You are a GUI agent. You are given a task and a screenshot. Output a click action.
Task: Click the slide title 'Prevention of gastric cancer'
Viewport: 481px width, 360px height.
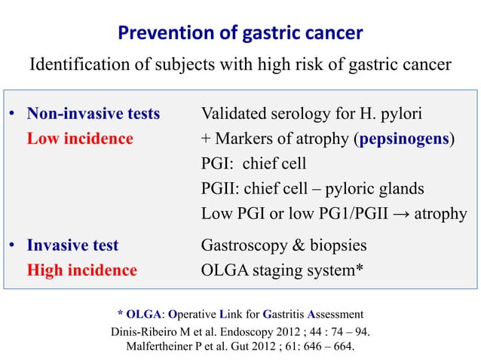pyautogui.click(x=240, y=32)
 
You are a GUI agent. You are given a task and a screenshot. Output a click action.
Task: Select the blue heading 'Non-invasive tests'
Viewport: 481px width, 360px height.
pyautogui.click(x=93, y=115)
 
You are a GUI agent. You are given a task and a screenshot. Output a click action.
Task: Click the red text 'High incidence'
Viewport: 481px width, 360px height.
pyautogui.click(x=82, y=270)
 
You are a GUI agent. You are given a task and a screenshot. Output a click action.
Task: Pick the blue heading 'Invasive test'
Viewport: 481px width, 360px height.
pyautogui.click(x=72, y=246)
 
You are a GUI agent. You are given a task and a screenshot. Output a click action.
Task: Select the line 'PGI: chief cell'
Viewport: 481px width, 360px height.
pyautogui.click(x=253, y=164)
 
